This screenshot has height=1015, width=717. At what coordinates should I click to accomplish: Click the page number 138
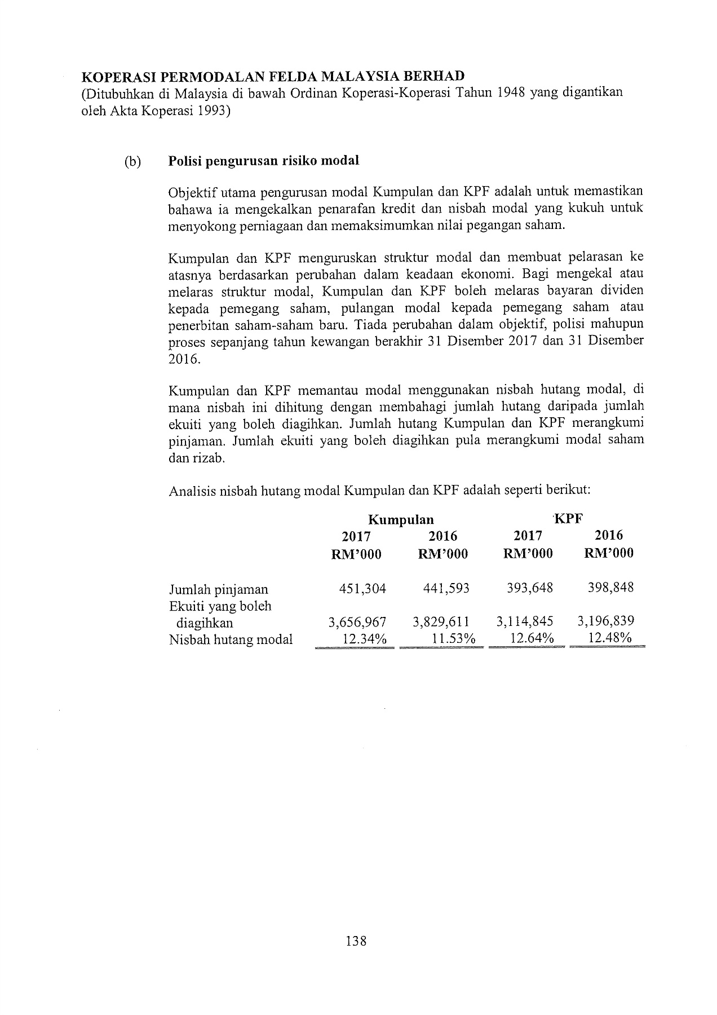[357, 941]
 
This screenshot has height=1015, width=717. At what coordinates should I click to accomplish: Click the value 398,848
[610, 588]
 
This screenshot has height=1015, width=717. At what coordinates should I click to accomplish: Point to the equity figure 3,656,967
[357, 622]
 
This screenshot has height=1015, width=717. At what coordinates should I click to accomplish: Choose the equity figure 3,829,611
[441, 622]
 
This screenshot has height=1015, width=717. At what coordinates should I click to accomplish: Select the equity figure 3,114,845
[525, 621]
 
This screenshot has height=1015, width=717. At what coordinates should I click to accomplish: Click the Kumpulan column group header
[401, 519]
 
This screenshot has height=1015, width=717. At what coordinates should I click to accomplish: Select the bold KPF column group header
[568, 519]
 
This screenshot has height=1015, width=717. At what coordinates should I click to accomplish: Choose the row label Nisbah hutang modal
[231, 639]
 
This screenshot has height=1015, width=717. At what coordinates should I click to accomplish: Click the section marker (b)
[132, 161]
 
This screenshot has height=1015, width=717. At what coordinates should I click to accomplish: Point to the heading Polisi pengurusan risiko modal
[264, 161]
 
